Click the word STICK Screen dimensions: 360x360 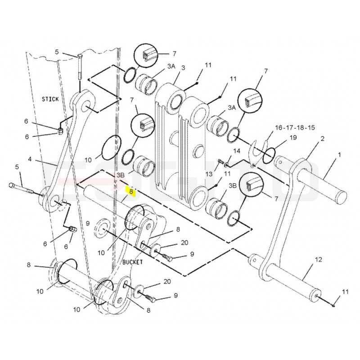(50, 99)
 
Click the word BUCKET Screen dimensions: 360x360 (133, 262)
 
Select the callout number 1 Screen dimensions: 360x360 (340, 155)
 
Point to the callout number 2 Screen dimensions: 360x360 (322, 139)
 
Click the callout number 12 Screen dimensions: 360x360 (318, 260)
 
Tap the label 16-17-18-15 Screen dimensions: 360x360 (295, 127)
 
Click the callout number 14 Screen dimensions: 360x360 (237, 151)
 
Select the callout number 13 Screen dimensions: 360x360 (209, 174)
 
